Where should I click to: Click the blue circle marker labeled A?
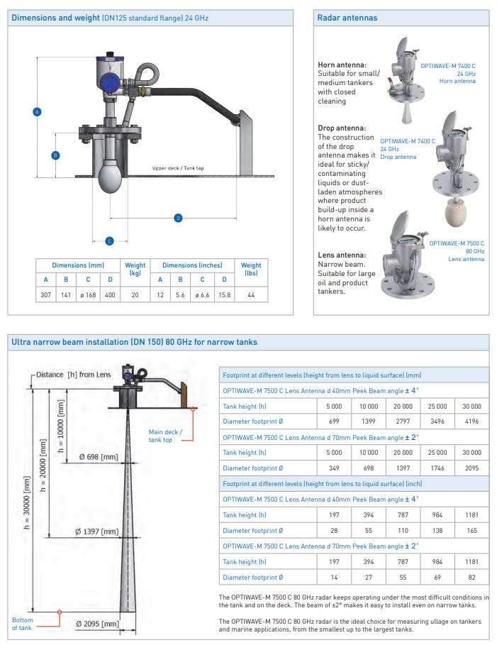38,111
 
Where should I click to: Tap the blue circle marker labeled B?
56,155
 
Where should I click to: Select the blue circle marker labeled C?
109,241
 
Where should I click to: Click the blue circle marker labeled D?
178,217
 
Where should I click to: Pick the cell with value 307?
46,294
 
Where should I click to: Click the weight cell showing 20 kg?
135,294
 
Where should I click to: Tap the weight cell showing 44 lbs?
251,294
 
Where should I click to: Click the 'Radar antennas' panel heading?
347,18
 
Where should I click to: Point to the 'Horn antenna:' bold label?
342,65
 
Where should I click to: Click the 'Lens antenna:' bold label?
342,254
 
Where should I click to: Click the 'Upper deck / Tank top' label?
178,168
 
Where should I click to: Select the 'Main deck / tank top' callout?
165,436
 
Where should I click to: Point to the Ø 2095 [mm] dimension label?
97,624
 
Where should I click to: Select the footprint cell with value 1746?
437,468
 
